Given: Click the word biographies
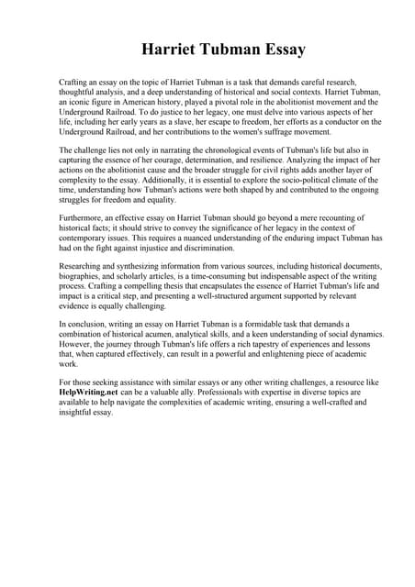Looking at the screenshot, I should click(84, 275).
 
